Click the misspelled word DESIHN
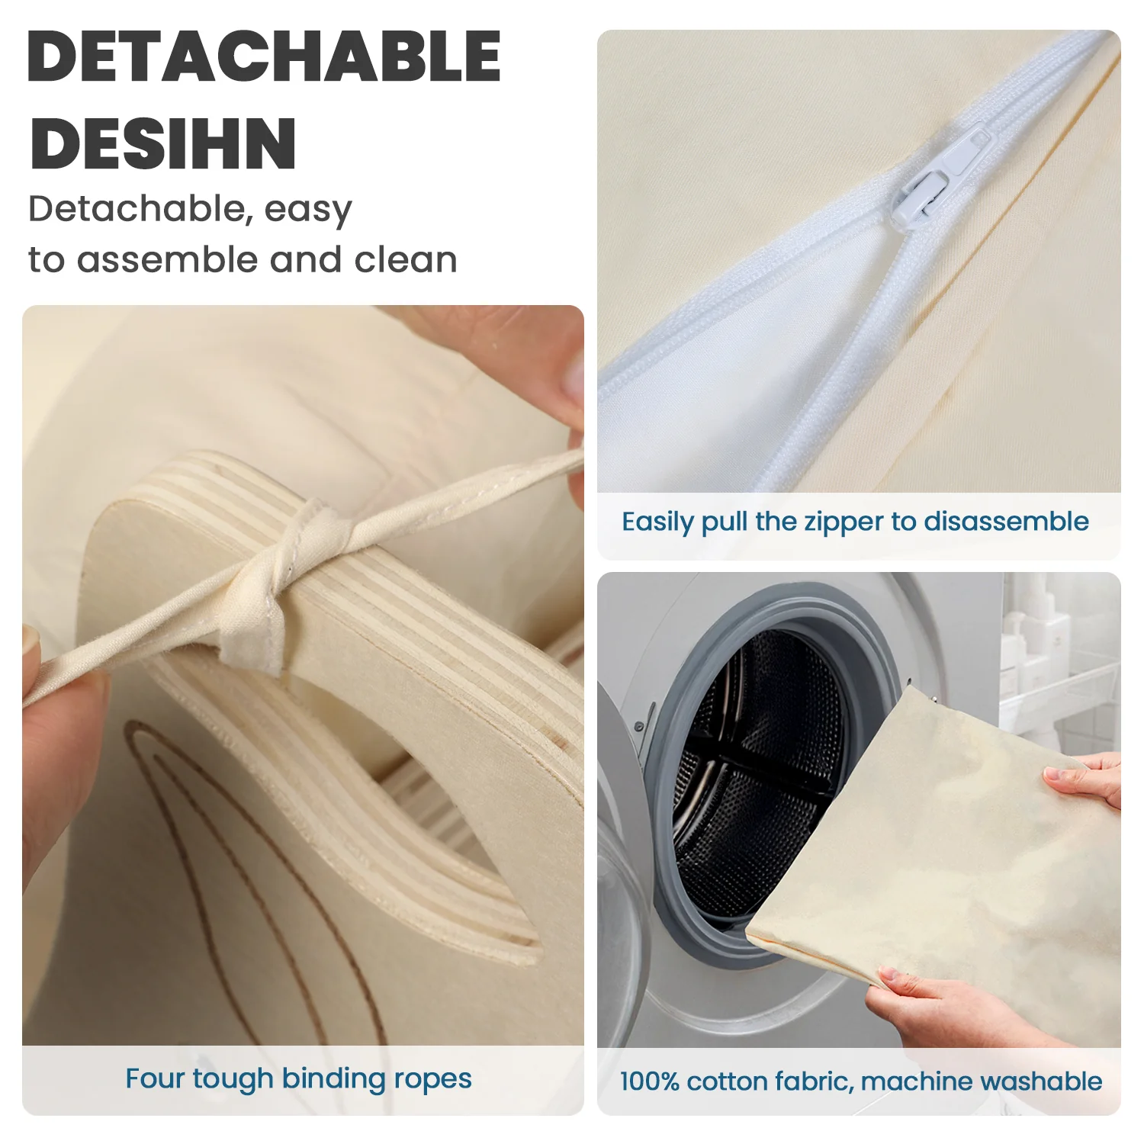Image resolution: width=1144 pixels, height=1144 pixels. point(162,143)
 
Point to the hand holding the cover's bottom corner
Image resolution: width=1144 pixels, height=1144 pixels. point(969,1011)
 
